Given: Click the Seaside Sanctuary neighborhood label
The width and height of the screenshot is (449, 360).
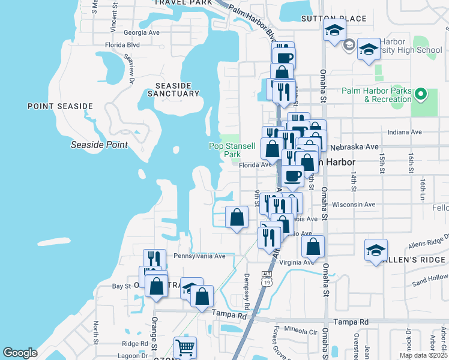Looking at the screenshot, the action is pyautogui.click(x=173, y=89).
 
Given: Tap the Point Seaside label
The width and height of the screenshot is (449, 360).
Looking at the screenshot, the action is pyautogui.click(x=60, y=106).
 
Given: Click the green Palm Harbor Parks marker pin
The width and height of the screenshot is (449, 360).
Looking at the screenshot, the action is pyautogui.click(x=421, y=94).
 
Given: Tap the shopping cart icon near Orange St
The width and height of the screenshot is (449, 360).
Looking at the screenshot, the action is pyautogui.click(x=185, y=347).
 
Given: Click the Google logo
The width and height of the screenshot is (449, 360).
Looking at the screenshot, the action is pyautogui.click(x=20, y=353).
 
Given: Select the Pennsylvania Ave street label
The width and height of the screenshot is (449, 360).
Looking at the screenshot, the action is pyautogui.click(x=199, y=256).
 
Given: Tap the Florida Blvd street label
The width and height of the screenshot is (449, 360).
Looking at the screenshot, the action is pyautogui.click(x=122, y=44).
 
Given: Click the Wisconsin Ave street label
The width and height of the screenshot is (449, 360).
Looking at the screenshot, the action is pyautogui.click(x=354, y=205).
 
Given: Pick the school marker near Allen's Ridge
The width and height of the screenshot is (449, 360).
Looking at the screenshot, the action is pyautogui.click(x=376, y=251).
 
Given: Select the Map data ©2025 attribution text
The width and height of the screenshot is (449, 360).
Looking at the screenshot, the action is pyautogui.click(x=423, y=355).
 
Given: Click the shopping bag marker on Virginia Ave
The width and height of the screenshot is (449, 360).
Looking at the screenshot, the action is pyautogui.click(x=313, y=247).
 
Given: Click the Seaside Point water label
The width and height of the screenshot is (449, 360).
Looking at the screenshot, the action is pyautogui.click(x=99, y=145).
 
